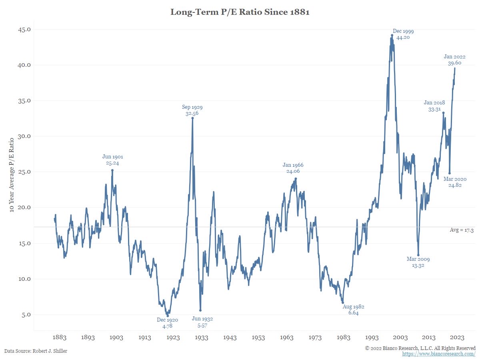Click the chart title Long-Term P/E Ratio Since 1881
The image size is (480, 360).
240,12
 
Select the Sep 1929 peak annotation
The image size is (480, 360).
192,110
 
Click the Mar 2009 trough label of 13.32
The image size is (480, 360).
418,262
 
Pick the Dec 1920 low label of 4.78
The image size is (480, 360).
167,323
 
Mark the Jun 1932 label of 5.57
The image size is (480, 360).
202,322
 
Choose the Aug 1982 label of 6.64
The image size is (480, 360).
353,310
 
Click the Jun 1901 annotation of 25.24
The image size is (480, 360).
112,160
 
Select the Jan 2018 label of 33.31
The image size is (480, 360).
434,106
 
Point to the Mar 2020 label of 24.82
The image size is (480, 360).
455,182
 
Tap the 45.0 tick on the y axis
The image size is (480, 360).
23,29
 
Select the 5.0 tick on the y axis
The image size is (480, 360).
24,314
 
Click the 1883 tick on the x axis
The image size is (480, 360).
59,337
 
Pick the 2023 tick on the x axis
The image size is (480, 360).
457,337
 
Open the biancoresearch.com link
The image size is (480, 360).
439,354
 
